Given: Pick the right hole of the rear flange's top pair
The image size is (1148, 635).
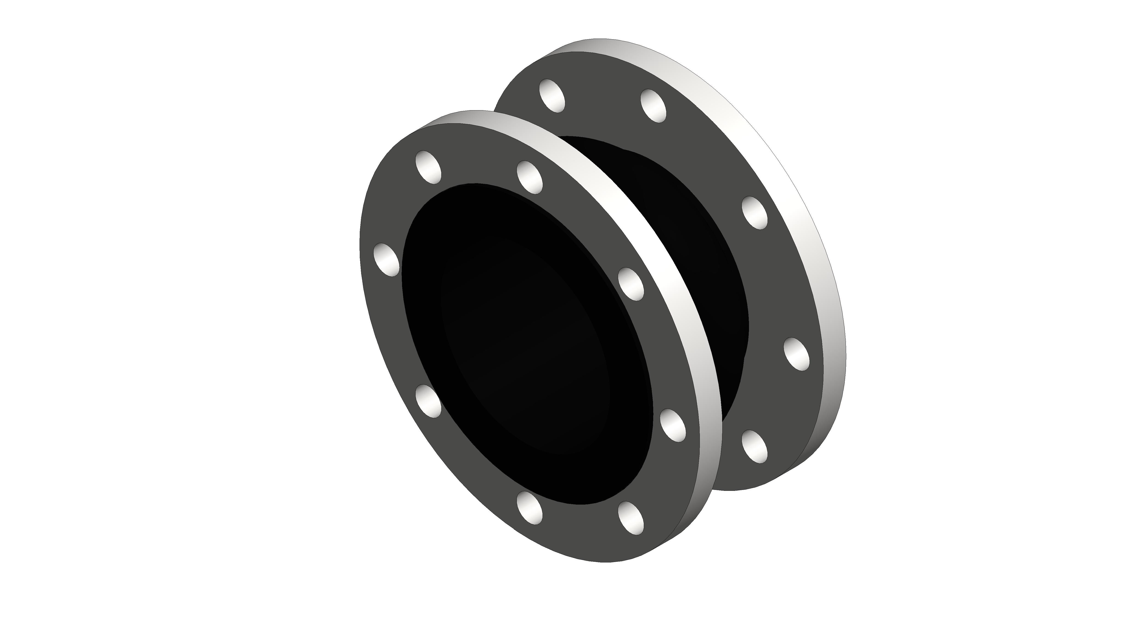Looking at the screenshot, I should click(x=653, y=106).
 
